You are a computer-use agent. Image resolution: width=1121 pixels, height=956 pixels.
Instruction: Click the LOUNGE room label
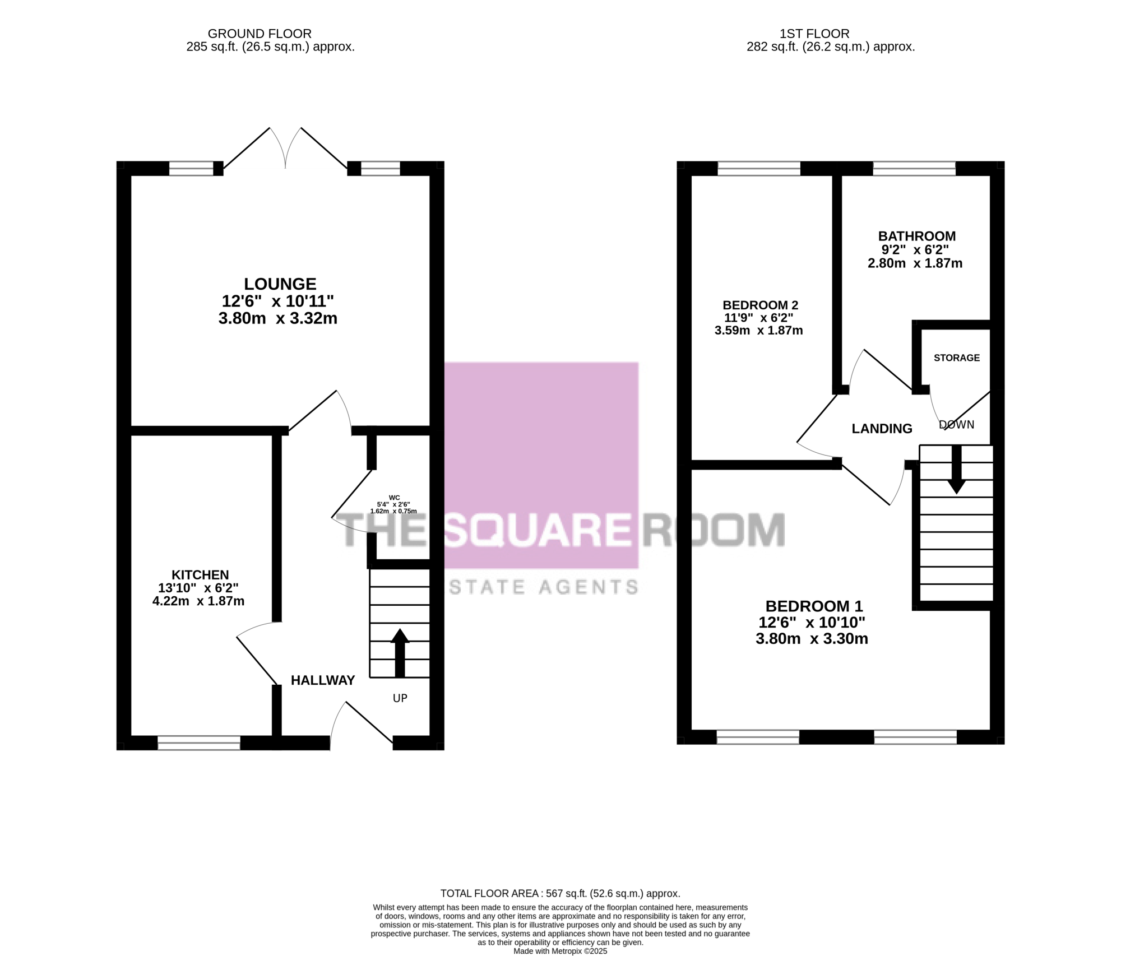click(280, 284)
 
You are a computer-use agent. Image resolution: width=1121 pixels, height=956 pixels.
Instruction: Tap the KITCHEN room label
click(200, 575)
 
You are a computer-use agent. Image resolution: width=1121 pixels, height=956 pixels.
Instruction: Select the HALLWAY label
click(323, 680)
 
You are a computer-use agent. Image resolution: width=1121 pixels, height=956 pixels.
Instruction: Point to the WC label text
click(394, 498)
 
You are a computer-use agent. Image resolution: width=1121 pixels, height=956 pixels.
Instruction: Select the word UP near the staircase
click(400, 698)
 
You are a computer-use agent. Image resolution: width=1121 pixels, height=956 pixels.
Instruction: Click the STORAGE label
click(957, 358)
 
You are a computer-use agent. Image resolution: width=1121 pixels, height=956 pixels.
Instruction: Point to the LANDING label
click(882, 429)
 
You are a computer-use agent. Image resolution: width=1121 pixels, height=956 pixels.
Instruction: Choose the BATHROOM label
click(917, 236)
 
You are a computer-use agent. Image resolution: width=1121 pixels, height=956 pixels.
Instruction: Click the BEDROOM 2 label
click(761, 305)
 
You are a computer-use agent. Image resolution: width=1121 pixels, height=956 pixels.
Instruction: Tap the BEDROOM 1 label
click(814, 606)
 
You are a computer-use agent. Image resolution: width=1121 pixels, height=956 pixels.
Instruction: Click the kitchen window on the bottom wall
click(199, 743)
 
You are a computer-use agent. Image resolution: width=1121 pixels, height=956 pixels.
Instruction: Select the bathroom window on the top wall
click(914, 169)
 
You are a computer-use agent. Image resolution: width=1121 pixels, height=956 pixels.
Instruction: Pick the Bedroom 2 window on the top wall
click(759, 169)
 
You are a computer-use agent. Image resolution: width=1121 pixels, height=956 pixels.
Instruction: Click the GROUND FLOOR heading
click(260, 34)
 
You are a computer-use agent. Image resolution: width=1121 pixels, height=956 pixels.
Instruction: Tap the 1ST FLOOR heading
click(814, 34)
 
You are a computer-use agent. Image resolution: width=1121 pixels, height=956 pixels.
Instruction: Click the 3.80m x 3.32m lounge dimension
click(278, 319)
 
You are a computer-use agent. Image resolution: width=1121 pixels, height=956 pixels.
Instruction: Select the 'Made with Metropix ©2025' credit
click(560, 951)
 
